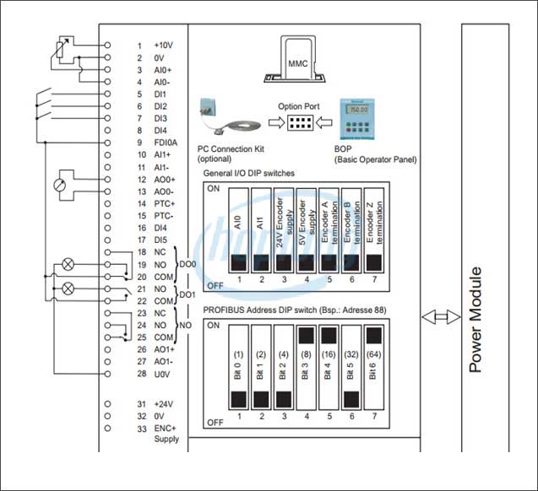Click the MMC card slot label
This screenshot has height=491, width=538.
tap(298, 63)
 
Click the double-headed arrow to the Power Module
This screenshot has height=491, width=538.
tap(441, 317)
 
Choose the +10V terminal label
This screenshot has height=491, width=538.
tap(163, 45)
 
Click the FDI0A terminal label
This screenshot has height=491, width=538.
tap(166, 143)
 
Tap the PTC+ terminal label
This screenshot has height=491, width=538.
tap(164, 203)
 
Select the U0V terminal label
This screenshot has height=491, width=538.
tap(163, 373)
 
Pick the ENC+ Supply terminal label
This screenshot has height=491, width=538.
tap(166, 434)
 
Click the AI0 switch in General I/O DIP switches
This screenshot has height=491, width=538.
tap(239, 227)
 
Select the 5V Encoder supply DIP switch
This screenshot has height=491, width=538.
tap(307, 227)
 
